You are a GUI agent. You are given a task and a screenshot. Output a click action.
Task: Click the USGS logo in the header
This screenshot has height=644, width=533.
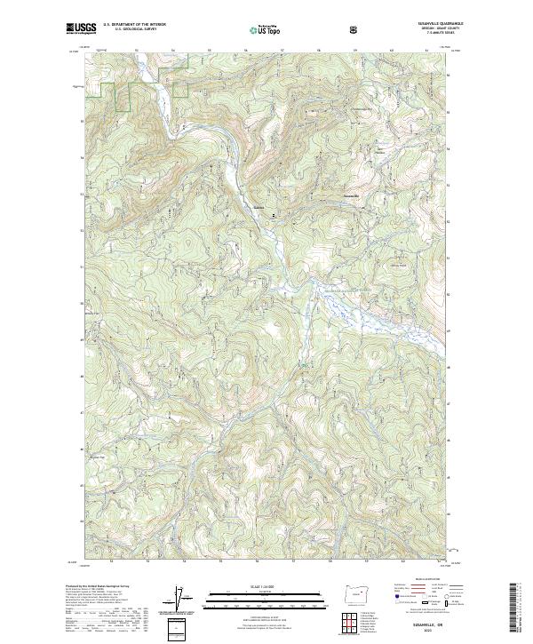coord(81,29)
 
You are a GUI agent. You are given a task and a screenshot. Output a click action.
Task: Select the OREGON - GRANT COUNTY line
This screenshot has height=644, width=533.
coord(434,30)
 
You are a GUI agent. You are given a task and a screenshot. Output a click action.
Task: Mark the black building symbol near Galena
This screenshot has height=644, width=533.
coord(273,214)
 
